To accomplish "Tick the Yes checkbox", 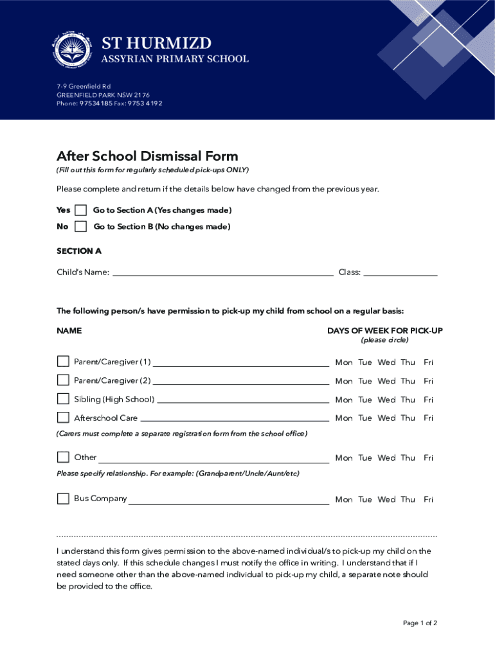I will pos(80,211).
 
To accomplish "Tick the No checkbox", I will pos(80,227).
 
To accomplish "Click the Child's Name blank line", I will pos(222,273).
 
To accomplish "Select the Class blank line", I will pos(400,273).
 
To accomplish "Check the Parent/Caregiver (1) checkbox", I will pos(63,362).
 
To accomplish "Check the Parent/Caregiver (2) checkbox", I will pos(63,380).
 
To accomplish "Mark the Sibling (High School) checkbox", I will pos(63,399).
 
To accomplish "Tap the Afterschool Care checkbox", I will pos(63,418).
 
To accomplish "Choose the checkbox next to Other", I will pos(63,458).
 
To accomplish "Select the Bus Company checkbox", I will pos(63,499).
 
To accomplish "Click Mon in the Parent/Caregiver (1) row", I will pos(344,362).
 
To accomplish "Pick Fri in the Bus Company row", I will pos(428,499).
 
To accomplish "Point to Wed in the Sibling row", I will pos(386,400).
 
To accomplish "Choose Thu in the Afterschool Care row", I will pos(408,418).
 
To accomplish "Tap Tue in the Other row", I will pos(365,458).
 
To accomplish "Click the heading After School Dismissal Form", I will pos(147,156).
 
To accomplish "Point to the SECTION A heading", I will pos(79,251).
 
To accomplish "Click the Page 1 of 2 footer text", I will pos(420,623).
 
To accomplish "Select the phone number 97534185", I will pos(95,103).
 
